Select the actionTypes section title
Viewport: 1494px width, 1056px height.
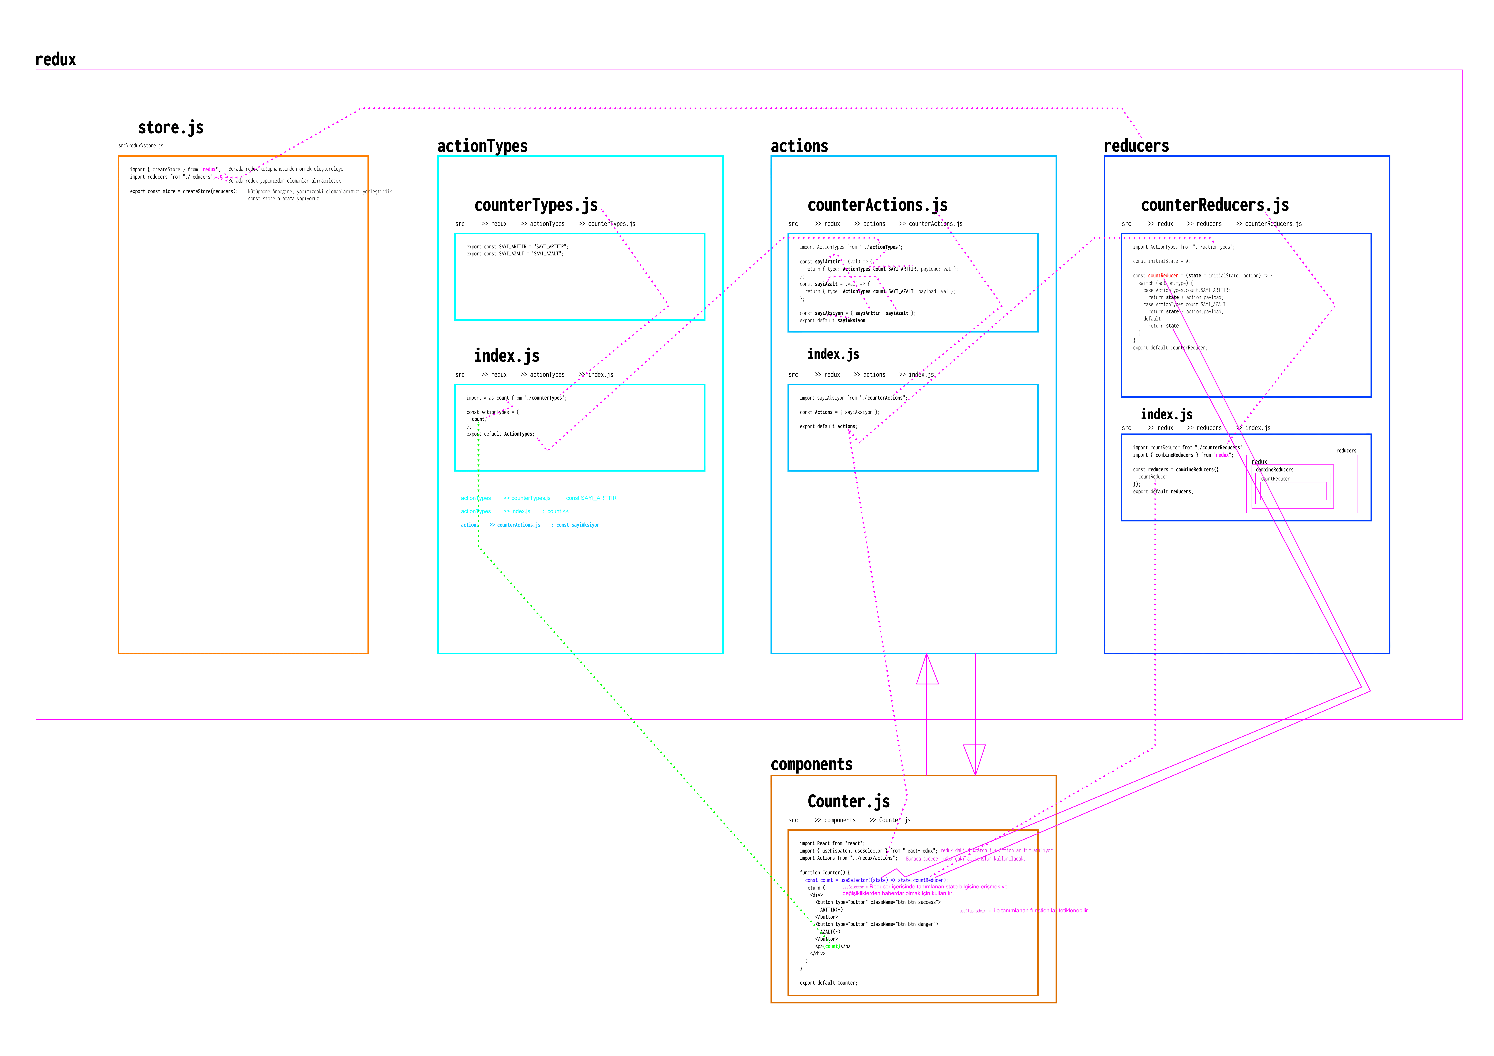pyautogui.click(x=482, y=146)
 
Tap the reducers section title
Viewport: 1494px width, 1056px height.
pyautogui.click(x=1136, y=146)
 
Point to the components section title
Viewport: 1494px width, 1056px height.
pyautogui.click(x=811, y=765)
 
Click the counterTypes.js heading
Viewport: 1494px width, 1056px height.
pyautogui.click(x=536, y=206)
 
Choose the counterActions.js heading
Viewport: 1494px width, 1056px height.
pyautogui.click(x=877, y=206)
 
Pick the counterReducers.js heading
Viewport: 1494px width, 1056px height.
pyautogui.click(x=1214, y=206)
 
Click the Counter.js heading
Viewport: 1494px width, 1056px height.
pyautogui.click(x=848, y=802)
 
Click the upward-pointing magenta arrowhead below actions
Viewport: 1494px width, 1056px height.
pyautogui.click(x=927, y=670)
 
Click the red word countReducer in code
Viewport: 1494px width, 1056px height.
pyautogui.click(x=1163, y=276)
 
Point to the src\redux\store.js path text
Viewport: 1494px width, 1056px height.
pyautogui.click(x=141, y=146)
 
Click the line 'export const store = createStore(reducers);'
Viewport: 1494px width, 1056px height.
pyautogui.click(x=184, y=192)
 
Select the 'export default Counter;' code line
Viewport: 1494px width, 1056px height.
pyautogui.click(x=828, y=983)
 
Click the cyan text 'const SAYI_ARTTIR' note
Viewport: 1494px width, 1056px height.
pyautogui.click(x=591, y=498)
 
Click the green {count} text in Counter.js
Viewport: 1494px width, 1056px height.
pyautogui.click(x=832, y=947)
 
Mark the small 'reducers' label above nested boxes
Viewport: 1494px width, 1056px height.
pyautogui.click(x=1346, y=451)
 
